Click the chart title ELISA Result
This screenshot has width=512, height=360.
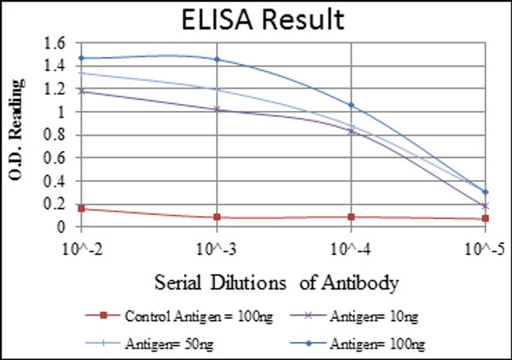tap(256, 19)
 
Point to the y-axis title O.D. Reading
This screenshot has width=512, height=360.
tap(15, 133)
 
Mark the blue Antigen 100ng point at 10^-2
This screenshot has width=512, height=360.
tap(81, 58)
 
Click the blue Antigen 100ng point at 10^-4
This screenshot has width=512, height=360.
tap(351, 105)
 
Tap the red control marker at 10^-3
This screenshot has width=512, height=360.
tap(216, 218)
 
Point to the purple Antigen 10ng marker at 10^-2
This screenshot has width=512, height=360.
tap(81, 90)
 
